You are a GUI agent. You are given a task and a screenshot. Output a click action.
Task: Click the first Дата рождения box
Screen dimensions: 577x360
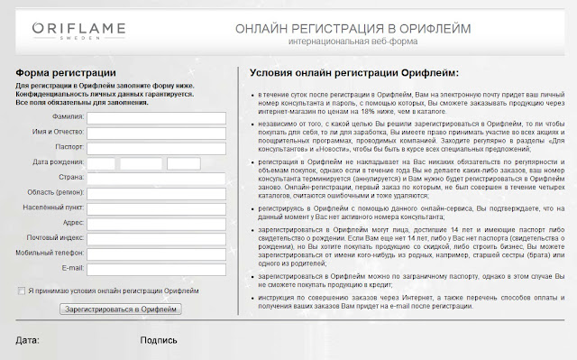pos(102,162)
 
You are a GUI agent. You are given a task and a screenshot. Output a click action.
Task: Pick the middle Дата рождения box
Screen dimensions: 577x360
pos(141,162)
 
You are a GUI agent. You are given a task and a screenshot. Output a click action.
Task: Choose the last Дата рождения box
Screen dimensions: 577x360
pos(184,162)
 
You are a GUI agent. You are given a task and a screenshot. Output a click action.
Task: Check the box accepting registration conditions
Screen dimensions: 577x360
pos(22,291)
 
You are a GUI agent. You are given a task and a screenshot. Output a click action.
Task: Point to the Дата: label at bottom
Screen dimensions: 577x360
pos(28,341)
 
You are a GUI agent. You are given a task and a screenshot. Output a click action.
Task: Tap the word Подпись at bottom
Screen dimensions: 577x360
pos(159,341)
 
